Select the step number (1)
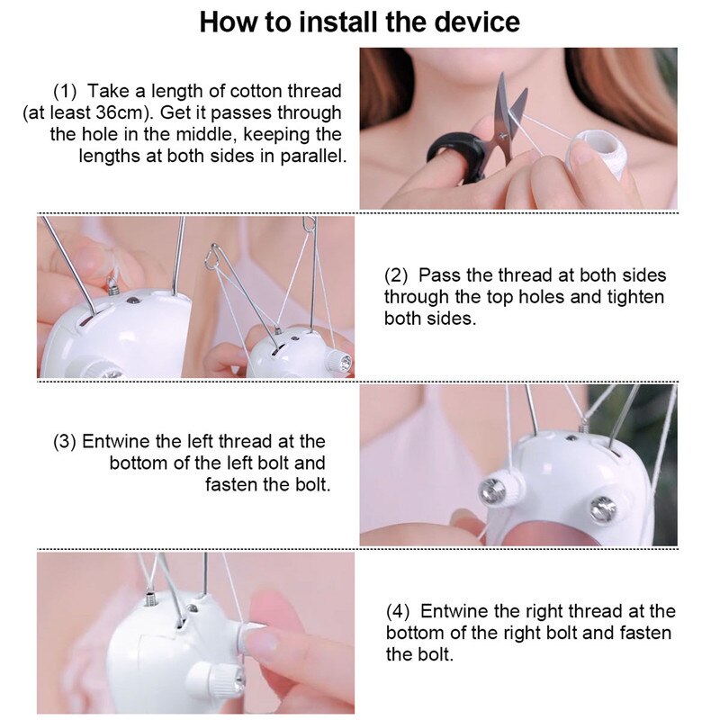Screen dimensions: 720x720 click(x=65, y=92)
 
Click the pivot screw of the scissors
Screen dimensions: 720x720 click(x=503, y=136)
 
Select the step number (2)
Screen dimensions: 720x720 click(x=396, y=275)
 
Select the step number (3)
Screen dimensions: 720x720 click(x=64, y=442)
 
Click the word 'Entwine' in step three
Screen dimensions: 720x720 click(x=116, y=442)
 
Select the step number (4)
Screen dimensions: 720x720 click(x=398, y=612)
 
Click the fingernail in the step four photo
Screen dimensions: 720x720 click(x=260, y=643)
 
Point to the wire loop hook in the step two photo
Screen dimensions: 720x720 click(x=212, y=256)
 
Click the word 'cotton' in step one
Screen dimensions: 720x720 click(x=256, y=92)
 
